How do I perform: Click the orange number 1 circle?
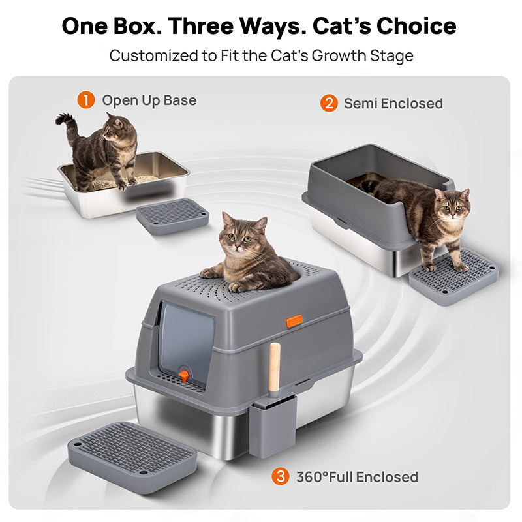(86, 100)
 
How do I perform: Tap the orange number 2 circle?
(329, 103)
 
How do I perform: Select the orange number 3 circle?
(281, 476)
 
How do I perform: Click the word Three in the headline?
(200, 25)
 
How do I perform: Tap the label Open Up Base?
(149, 100)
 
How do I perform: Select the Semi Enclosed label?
(393, 104)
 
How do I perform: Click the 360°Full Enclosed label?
(357, 477)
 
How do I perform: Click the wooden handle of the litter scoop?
(275, 367)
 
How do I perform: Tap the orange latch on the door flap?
(183, 375)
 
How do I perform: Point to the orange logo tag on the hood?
(294, 320)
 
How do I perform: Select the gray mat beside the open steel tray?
(172, 216)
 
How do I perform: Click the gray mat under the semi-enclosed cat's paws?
(454, 275)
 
